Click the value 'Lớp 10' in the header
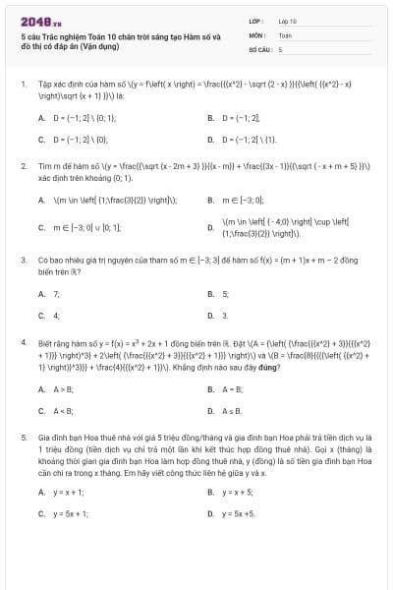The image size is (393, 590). [x=287, y=21]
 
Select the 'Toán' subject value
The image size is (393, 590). [x=285, y=34]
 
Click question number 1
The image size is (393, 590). [x=23, y=85]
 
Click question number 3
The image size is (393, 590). [x=23, y=261]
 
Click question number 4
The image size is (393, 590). [x=23, y=344]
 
